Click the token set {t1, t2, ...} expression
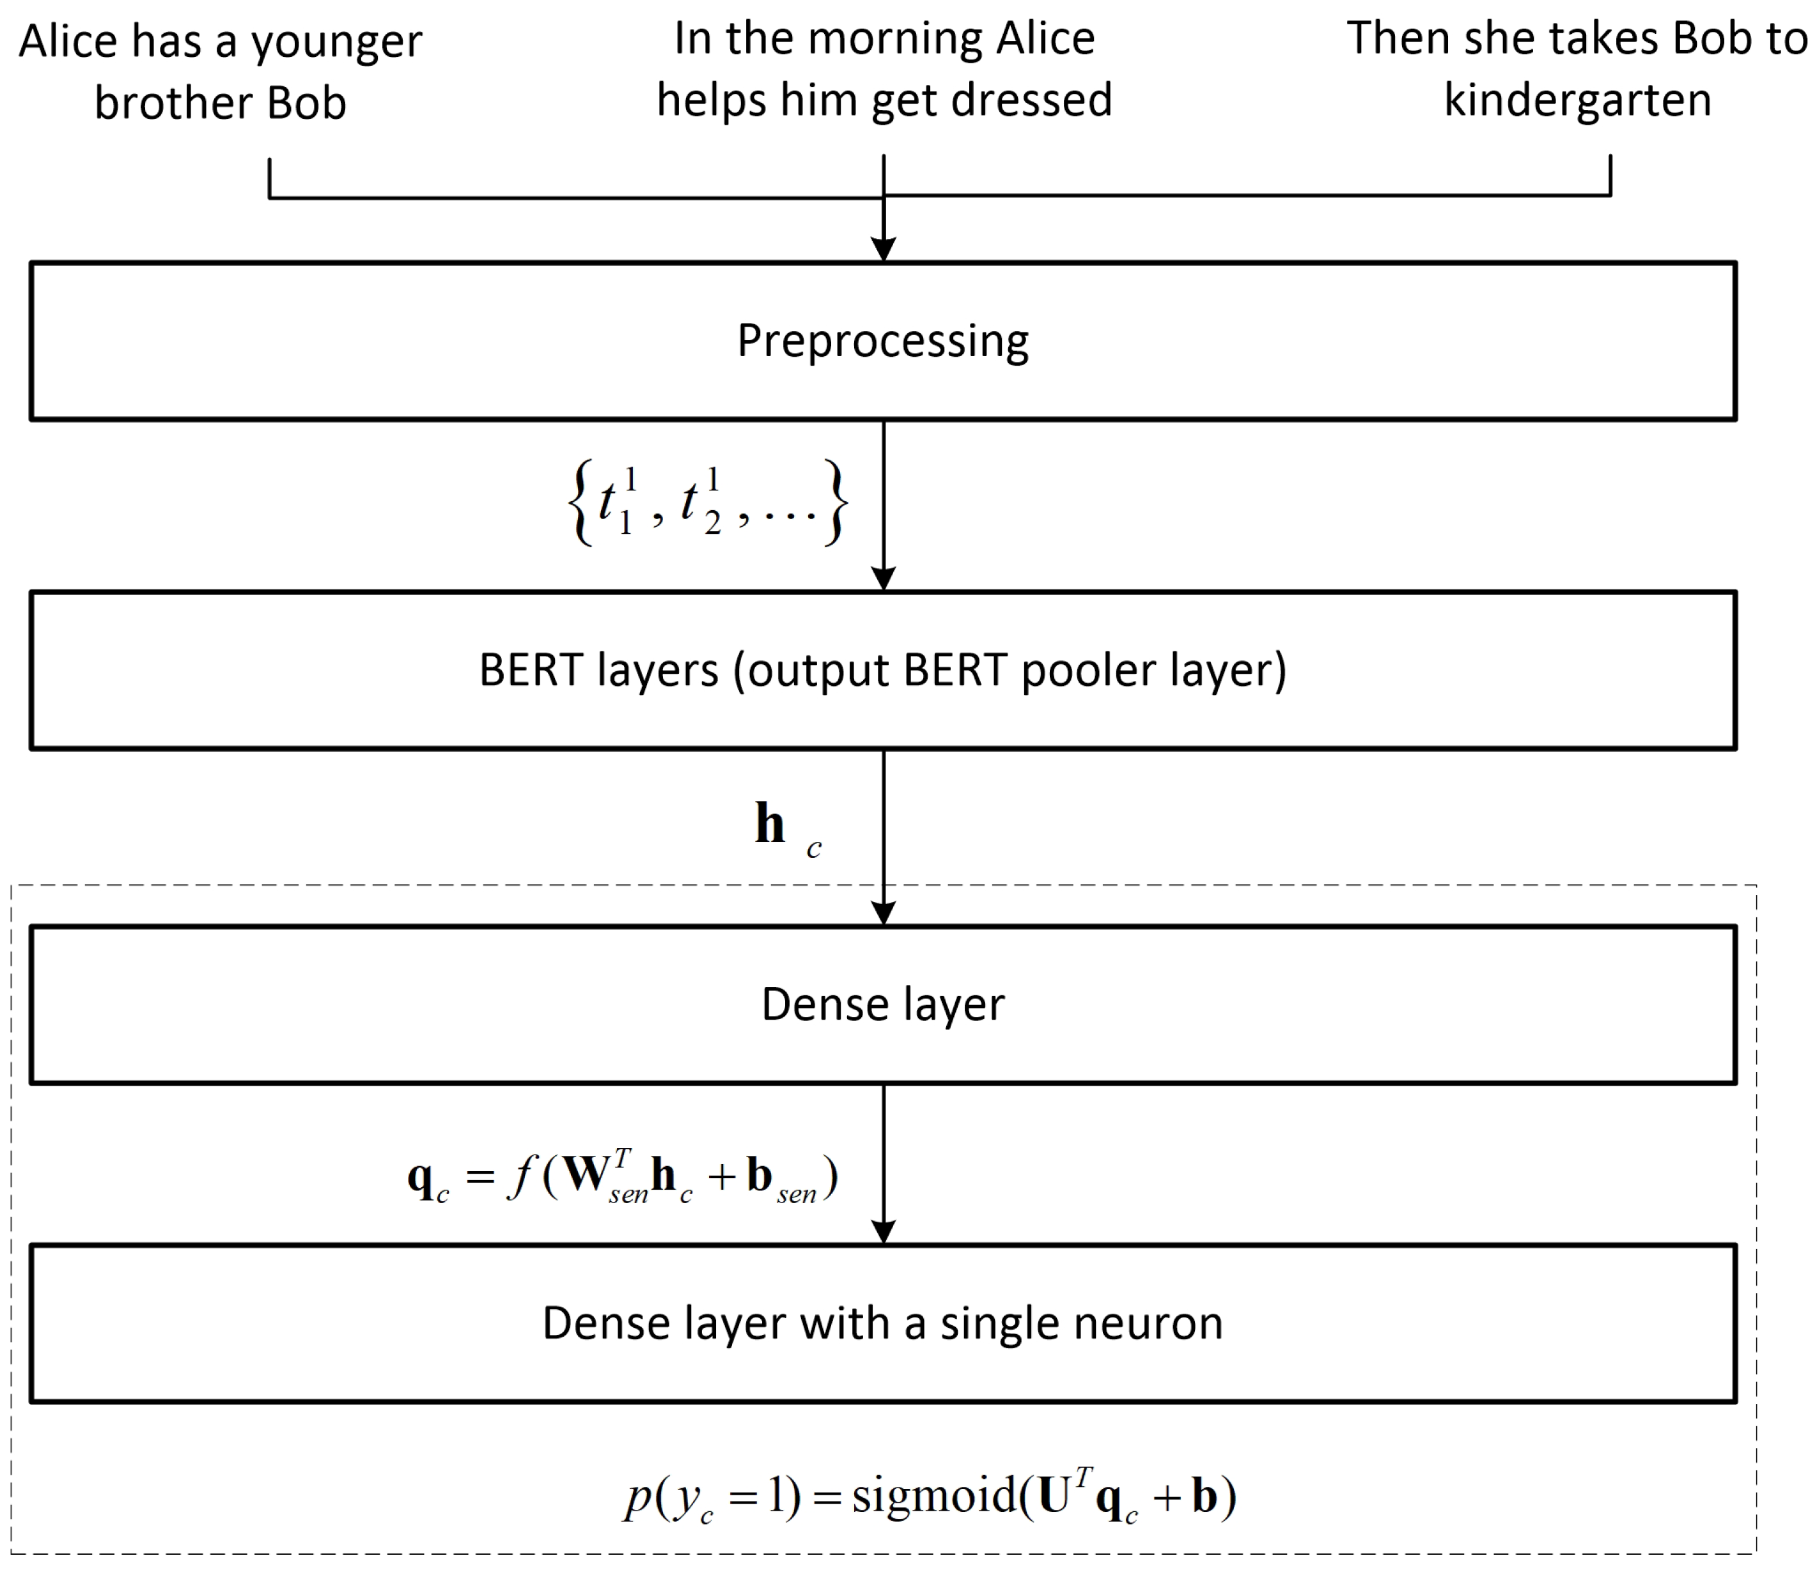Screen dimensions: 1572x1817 pos(707,502)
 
